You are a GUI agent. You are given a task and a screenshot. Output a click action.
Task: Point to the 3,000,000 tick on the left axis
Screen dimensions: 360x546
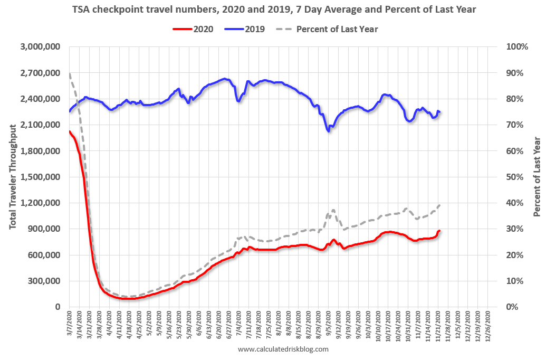pos(40,47)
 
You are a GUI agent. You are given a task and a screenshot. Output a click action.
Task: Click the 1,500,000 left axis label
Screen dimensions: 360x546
pos(40,177)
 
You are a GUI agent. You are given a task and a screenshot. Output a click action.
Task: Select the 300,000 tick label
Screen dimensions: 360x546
pos(44,281)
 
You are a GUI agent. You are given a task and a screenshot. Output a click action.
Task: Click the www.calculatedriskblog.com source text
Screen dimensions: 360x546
pos(283,349)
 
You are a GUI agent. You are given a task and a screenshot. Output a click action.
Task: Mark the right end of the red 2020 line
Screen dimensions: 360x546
pos(439,231)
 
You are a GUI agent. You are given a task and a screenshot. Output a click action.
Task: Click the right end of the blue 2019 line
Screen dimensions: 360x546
pos(439,112)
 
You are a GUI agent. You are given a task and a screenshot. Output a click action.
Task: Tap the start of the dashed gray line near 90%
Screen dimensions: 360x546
pos(70,73)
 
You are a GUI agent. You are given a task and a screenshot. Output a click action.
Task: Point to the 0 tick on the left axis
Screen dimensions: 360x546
pos(60,307)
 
